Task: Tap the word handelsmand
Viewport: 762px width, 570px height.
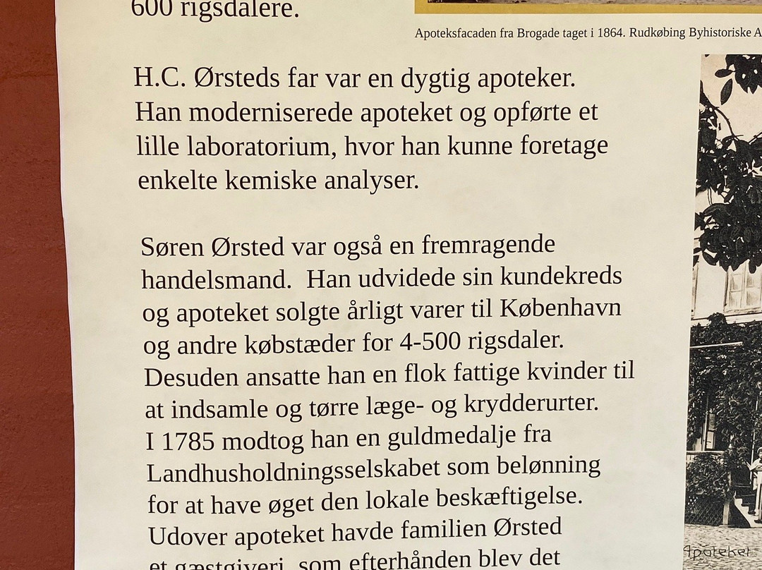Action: click(x=216, y=280)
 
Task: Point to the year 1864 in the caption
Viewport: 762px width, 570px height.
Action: click(x=632, y=33)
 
